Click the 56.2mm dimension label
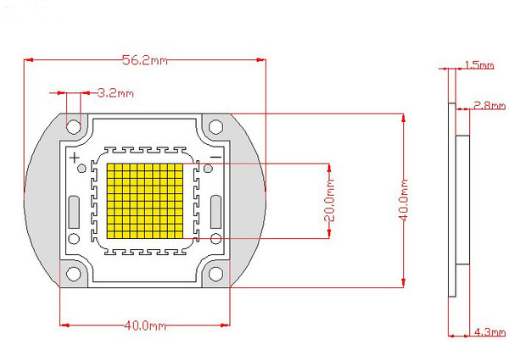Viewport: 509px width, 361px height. (x=145, y=60)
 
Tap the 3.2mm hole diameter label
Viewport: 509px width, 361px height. (x=115, y=93)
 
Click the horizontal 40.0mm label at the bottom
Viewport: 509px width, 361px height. (x=145, y=325)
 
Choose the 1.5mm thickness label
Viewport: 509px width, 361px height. (x=479, y=65)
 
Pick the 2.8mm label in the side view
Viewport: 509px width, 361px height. (x=489, y=105)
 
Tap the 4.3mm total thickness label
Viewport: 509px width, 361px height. (x=489, y=332)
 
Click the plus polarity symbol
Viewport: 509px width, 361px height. (x=75, y=158)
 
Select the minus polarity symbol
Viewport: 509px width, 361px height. (x=215, y=158)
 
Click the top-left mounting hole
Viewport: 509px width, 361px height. (x=74, y=127)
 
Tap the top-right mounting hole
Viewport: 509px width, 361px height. (x=215, y=127)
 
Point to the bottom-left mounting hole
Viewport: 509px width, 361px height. (x=74, y=274)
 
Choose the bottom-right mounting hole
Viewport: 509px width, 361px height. (x=215, y=274)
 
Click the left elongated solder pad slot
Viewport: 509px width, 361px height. (x=74, y=212)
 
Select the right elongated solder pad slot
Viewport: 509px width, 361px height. (x=215, y=212)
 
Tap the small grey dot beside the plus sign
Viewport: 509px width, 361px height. (x=81, y=169)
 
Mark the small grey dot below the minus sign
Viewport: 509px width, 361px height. (x=208, y=169)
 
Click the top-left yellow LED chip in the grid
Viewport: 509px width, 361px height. (x=110, y=167)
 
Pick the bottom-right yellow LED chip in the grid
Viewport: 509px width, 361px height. (x=179, y=235)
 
